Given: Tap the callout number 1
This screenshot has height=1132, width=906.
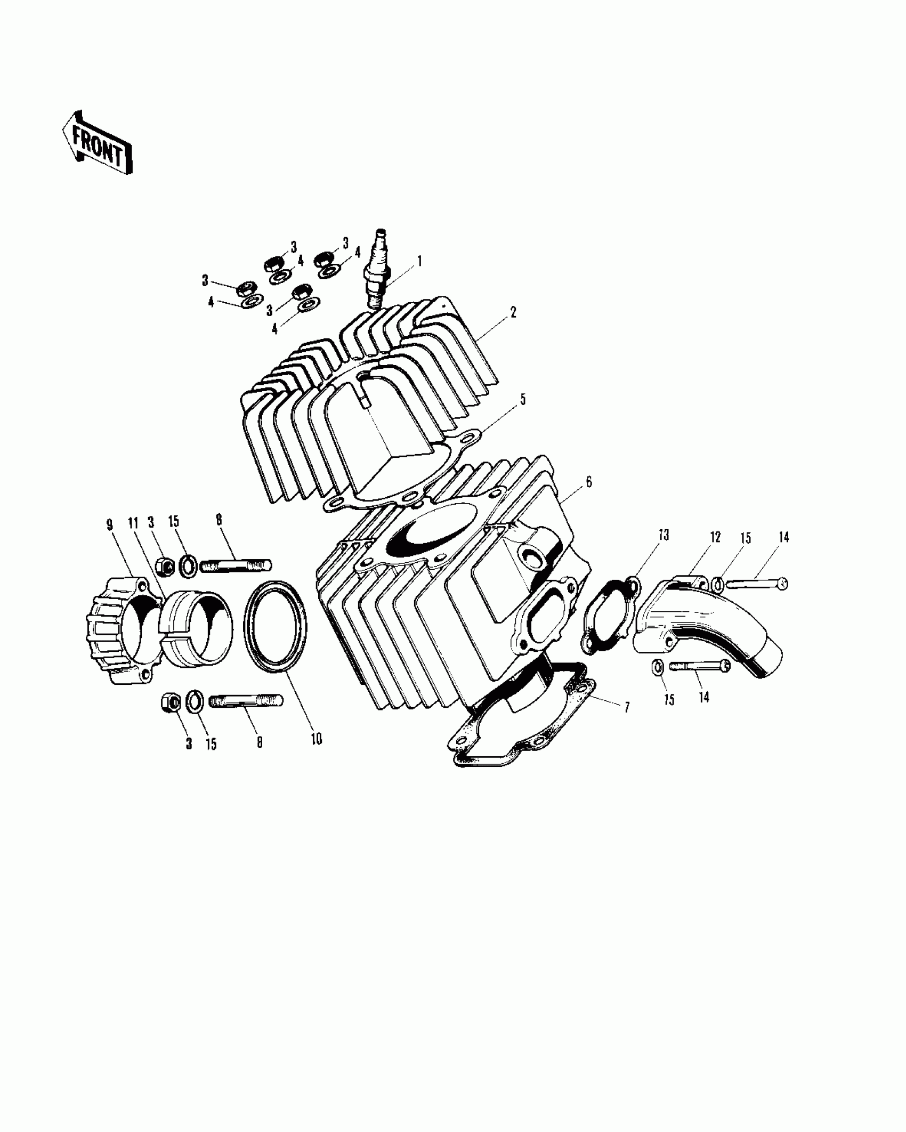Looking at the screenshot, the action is click(x=419, y=261).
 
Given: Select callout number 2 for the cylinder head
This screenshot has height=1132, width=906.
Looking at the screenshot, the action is click(x=513, y=312).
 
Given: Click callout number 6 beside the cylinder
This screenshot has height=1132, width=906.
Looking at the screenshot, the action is click(x=588, y=482).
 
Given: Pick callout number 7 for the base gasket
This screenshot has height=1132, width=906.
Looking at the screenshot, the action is click(x=627, y=707).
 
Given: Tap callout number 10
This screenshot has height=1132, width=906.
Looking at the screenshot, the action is click(x=316, y=739).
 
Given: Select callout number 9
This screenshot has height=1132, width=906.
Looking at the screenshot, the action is click(x=110, y=525).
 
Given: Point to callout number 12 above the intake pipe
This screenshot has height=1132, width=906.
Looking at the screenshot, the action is click(x=715, y=537).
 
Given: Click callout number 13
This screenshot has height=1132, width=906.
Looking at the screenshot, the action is click(x=663, y=535).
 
